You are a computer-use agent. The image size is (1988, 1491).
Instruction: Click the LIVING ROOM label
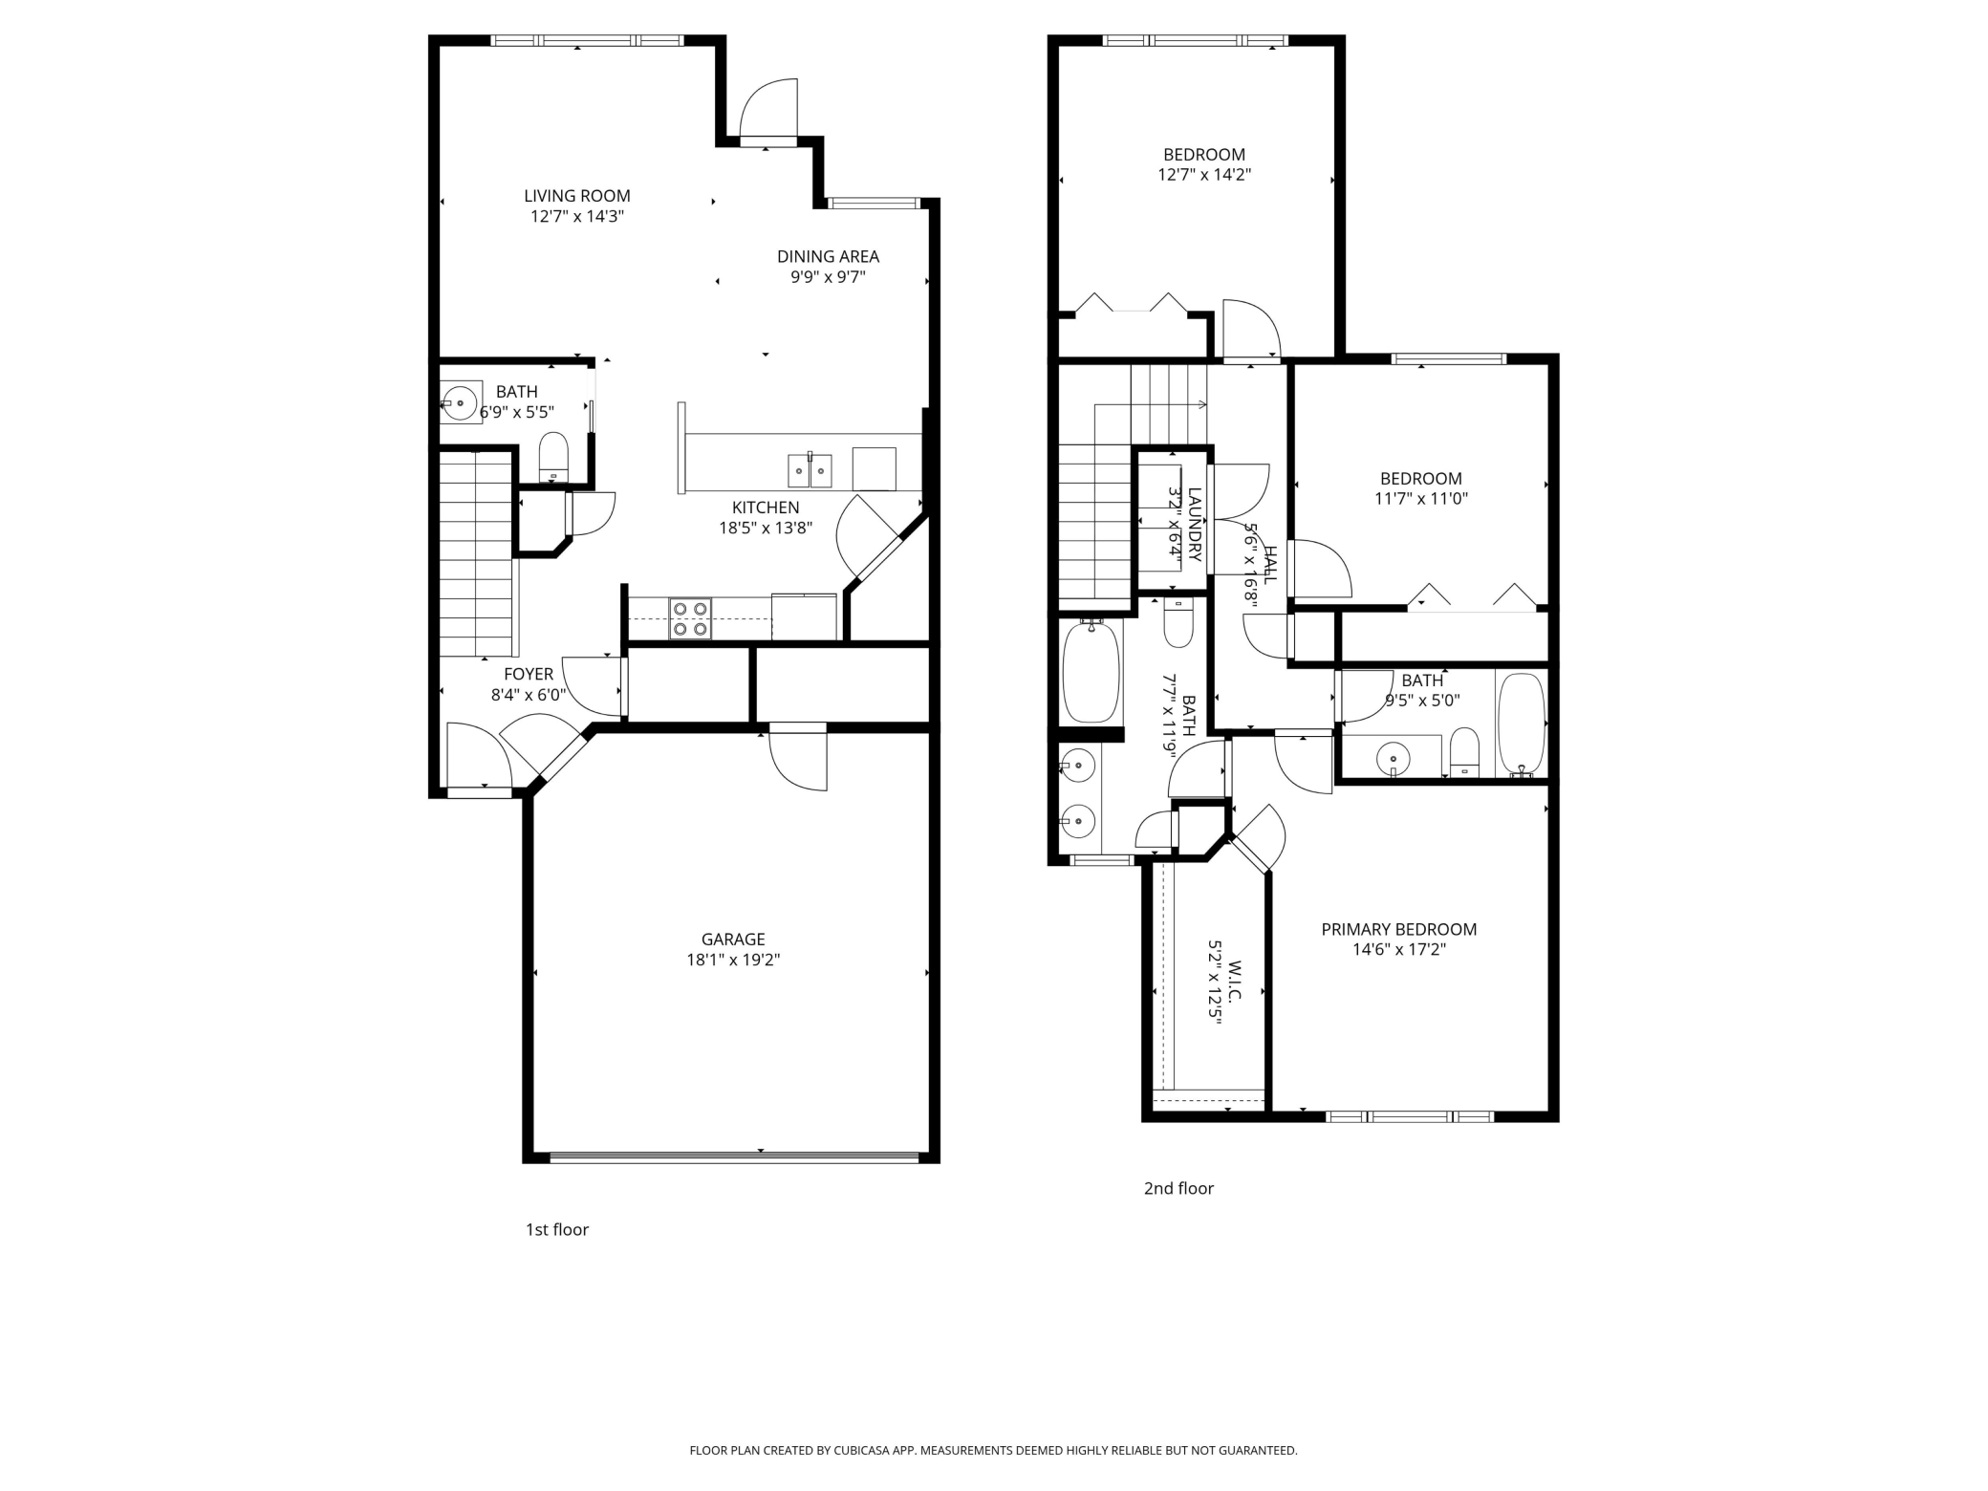pyautogui.click(x=576, y=196)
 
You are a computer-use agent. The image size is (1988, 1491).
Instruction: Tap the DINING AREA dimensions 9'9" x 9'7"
pyautogui.click(x=828, y=277)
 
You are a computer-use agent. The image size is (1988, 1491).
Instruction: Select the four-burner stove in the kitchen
pyautogui.click(x=690, y=618)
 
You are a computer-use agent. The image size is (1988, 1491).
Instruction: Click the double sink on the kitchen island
pyautogui.click(x=810, y=471)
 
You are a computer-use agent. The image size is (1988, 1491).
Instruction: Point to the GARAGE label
pyautogui.click(x=733, y=940)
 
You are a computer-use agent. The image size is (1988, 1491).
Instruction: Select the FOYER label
pyautogui.click(x=529, y=674)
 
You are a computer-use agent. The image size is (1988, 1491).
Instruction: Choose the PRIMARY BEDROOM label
pyautogui.click(x=1398, y=929)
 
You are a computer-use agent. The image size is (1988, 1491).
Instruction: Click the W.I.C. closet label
pyautogui.click(x=1234, y=981)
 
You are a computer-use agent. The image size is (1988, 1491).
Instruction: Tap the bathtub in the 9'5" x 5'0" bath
pyautogui.click(x=1520, y=724)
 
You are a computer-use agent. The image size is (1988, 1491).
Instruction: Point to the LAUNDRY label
pyautogui.click(x=1196, y=523)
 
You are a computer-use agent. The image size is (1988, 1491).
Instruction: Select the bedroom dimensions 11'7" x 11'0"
pyautogui.click(x=1421, y=498)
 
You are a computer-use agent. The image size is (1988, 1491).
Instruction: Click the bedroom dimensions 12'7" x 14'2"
pyautogui.click(x=1203, y=175)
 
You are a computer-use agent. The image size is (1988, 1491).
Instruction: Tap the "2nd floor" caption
pyautogui.click(x=1178, y=1188)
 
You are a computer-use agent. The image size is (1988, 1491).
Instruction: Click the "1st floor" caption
pyautogui.click(x=557, y=1229)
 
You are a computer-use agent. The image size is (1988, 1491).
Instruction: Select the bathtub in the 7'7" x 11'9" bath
pyautogui.click(x=1091, y=673)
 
